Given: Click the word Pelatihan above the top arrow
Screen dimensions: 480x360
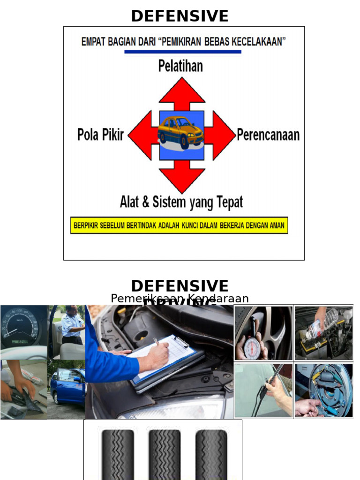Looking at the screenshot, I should coord(180,66).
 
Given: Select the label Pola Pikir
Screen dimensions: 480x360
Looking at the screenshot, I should coord(100,135).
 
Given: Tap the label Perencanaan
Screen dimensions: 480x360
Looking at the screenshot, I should coord(268,135).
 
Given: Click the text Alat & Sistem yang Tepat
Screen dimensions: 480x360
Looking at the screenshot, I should coord(181,202).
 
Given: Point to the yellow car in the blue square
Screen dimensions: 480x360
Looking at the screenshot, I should coord(181,132).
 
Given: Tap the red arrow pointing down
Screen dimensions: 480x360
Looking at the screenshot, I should coord(182,177).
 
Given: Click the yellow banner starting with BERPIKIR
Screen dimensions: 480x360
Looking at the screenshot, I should coord(179,225).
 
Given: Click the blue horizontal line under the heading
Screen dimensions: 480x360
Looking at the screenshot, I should coord(183,52).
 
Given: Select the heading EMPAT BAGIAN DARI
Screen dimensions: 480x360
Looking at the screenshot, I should coord(183,41).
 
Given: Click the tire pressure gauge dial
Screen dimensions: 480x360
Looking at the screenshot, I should coord(252,347).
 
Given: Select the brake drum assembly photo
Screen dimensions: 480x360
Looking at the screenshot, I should coord(324,390).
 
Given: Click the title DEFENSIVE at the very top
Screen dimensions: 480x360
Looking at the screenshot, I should coord(180,16).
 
